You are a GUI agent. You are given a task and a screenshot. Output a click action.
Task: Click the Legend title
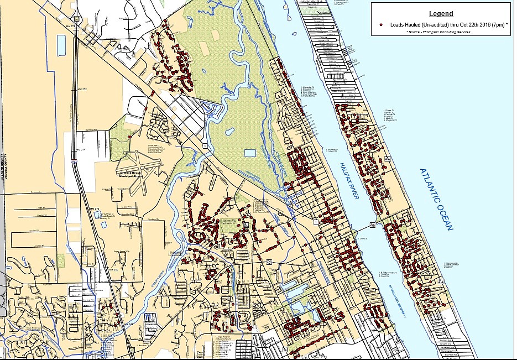tap(440, 14)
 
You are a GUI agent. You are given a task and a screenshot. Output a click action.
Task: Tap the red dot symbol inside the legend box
tap(382, 25)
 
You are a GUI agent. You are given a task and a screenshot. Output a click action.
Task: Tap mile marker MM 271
tap(81, 150)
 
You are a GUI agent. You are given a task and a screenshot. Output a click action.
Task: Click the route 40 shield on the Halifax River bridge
tap(372, 225)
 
